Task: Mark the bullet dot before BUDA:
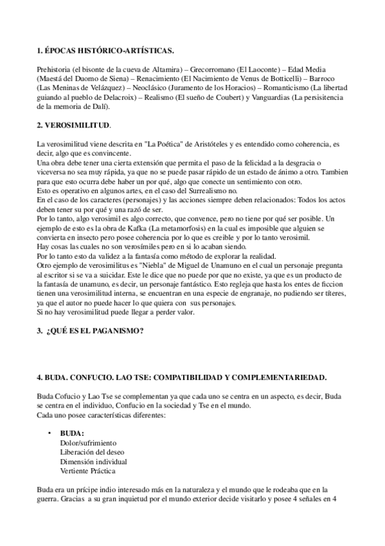[x=50, y=433]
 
